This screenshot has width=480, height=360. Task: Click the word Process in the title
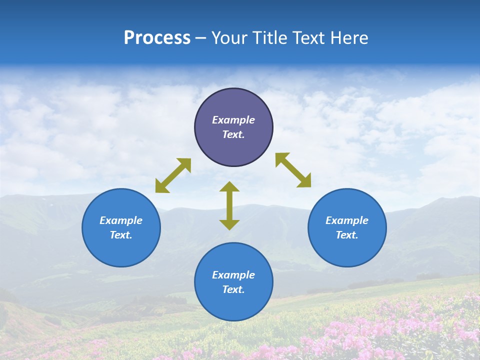(x=157, y=38)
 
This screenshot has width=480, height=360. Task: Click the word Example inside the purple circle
(x=233, y=120)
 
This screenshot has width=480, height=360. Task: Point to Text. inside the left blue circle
(x=121, y=235)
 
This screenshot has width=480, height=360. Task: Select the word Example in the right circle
(x=347, y=220)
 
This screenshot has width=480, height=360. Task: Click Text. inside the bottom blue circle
(x=233, y=289)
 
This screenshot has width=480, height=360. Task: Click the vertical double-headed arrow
(x=229, y=205)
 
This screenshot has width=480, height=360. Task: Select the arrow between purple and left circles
(x=173, y=175)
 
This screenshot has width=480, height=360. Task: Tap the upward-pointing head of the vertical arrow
(x=229, y=186)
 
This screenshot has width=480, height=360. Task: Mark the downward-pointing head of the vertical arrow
(x=229, y=224)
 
